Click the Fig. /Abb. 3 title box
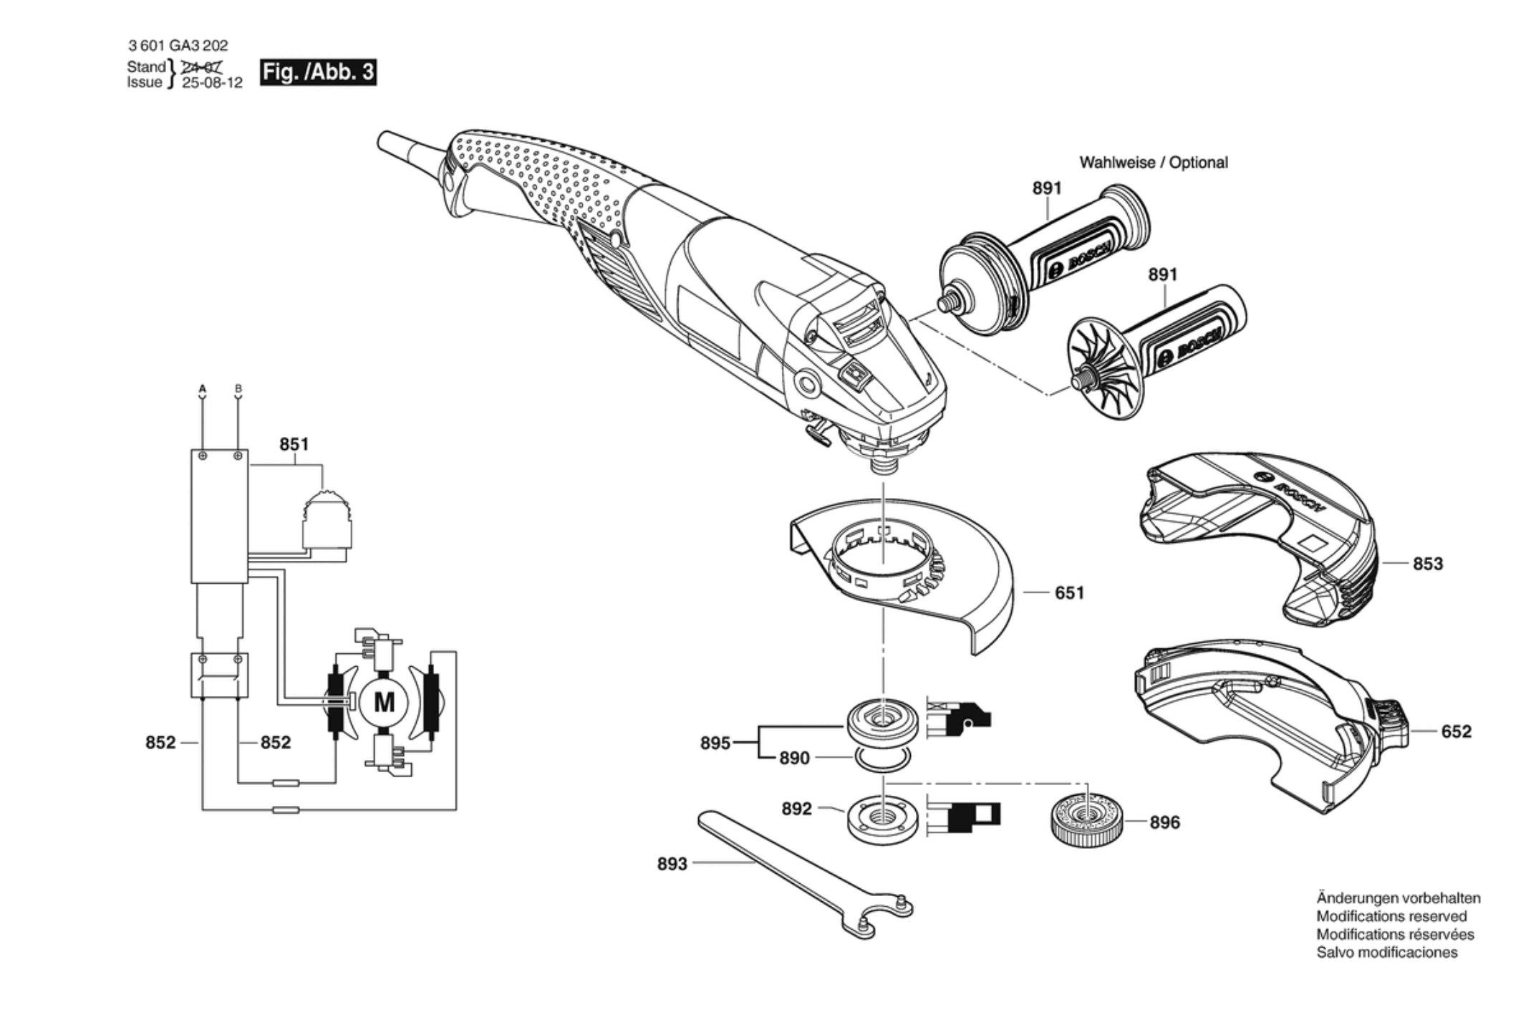click(317, 72)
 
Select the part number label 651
click(1069, 592)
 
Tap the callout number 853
click(1427, 564)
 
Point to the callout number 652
click(1456, 731)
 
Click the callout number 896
click(1164, 822)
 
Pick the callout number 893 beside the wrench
click(672, 864)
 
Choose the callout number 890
click(794, 758)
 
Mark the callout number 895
click(715, 743)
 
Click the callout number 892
click(796, 809)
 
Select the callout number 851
click(294, 444)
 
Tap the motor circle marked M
click(384, 703)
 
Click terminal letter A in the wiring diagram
click(202, 389)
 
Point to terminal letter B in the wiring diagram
click(238, 389)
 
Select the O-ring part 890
click(884, 759)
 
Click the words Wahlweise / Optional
click(1153, 163)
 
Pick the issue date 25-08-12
click(212, 83)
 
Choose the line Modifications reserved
click(1391, 916)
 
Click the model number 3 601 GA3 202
click(178, 46)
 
